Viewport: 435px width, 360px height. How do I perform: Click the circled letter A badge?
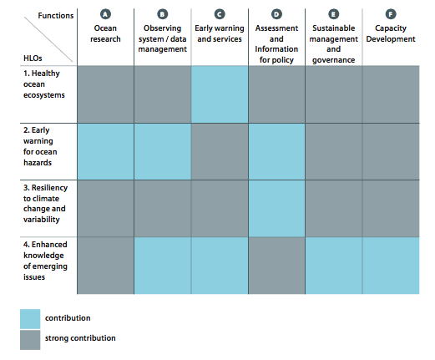pos(104,15)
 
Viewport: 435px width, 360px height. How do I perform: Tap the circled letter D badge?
pos(276,15)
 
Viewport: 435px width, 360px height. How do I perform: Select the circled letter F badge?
pos(391,15)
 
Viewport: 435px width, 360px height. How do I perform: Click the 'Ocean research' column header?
pos(104,34)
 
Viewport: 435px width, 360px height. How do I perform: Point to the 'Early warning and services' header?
pos(220,34)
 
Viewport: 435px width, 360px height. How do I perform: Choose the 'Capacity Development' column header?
pos(391,34)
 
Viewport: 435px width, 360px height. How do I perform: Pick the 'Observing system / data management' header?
pos(162,39)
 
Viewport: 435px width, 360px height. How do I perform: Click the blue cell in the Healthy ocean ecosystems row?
pos(220,93)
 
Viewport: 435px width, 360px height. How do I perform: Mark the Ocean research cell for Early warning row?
pos(104,150)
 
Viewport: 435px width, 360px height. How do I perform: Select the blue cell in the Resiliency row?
pos(276,208)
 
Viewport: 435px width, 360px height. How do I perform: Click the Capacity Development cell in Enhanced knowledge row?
pos(391,266)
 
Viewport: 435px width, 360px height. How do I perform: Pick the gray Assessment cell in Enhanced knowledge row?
pos(276,266)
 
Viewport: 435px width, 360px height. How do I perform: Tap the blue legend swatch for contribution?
pos(30,318)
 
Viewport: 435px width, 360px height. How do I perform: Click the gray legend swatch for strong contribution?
pos(30,338)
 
